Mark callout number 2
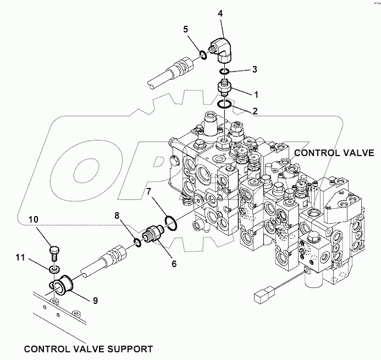[255, 111]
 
